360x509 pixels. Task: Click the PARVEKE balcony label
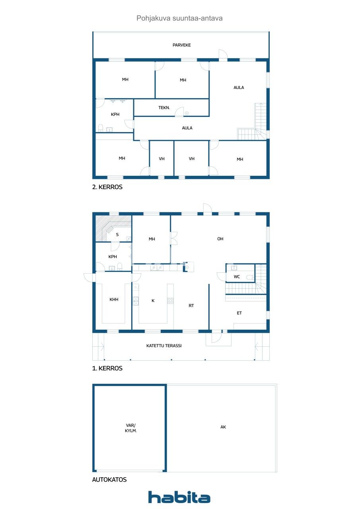(x=181, y=45)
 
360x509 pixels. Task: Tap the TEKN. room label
(x=164, y=108)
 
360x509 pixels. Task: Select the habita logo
(x=179, y=497)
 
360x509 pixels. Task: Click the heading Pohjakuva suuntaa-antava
(x=179, y=18)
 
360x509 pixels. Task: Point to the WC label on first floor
(x=237, y=277)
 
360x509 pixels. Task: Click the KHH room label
(x=114, y=299)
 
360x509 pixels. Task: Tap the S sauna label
(x=117, y=235)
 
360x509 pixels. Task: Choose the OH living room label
(x=220, y=239)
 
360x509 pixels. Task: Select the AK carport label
(x=223, y=427)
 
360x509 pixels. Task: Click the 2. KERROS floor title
(x=107, y=187)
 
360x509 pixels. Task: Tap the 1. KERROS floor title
(x=107, y=369)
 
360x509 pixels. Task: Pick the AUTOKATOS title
(x=109, y=480)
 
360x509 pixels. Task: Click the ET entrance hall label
(x=239, y=313)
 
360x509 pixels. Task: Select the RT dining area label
(x=191, y=306)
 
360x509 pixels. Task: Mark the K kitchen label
(x=153, y=301)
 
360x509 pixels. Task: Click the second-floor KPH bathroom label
(x=115, y=115)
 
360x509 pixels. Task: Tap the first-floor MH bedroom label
(x=152, y=239)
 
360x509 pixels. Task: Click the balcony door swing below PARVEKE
(x=223, y=55)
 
